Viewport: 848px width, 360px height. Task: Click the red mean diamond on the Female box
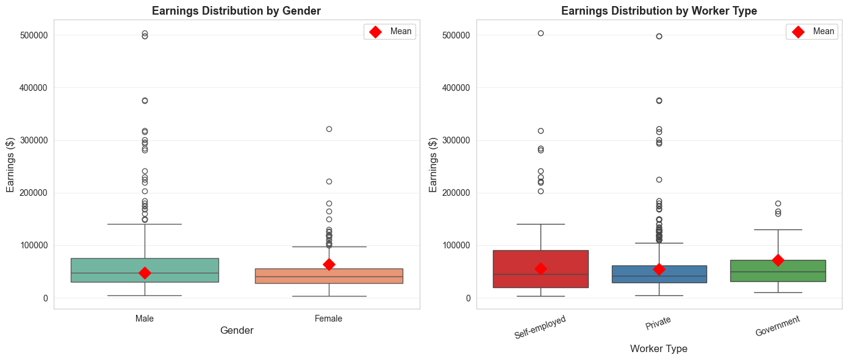coord(329,264)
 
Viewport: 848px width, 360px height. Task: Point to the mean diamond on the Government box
coord(777,260)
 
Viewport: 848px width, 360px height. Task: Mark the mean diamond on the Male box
coord(145,273)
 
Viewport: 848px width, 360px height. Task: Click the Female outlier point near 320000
coord(329,129)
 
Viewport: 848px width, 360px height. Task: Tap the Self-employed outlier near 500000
coord(541,33)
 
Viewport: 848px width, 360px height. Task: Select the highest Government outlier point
coord(777,203)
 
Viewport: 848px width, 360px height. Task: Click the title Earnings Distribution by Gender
coord(236,10)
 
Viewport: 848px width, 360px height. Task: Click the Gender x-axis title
coord(237,330)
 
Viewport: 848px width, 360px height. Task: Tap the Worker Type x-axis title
coord(658,348)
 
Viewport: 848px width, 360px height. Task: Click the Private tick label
coord(659,323)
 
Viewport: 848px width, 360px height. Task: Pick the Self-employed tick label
coord(540,327)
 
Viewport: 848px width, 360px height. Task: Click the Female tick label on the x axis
coord(328,319)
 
